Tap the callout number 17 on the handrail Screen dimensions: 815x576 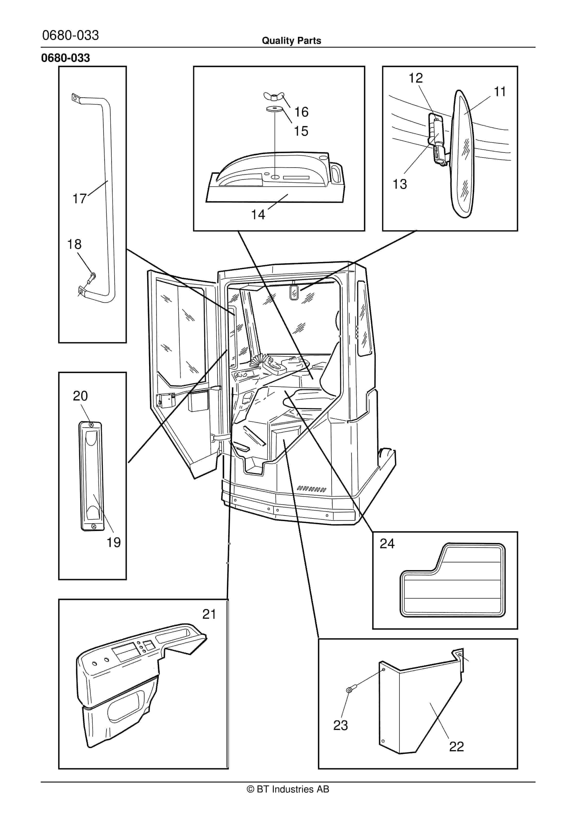coord(79,198)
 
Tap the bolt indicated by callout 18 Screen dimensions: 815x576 coord(92,275)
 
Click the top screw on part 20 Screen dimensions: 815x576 coord(91,424)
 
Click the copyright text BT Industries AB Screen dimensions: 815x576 coord(288,789)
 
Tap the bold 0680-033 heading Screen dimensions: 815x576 coord(66,58)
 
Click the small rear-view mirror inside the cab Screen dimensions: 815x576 coord(293,292)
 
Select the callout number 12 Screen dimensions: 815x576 coord(416,78)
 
